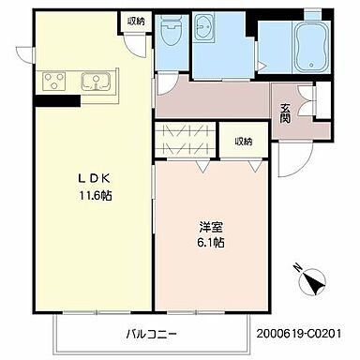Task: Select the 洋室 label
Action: coord(210,226)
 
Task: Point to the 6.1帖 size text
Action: coord(210,242)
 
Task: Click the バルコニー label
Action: coord(151,333)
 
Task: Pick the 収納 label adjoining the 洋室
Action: coord(244,142)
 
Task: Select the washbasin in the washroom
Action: coord(203,31)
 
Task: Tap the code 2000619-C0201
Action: coord(305,333)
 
